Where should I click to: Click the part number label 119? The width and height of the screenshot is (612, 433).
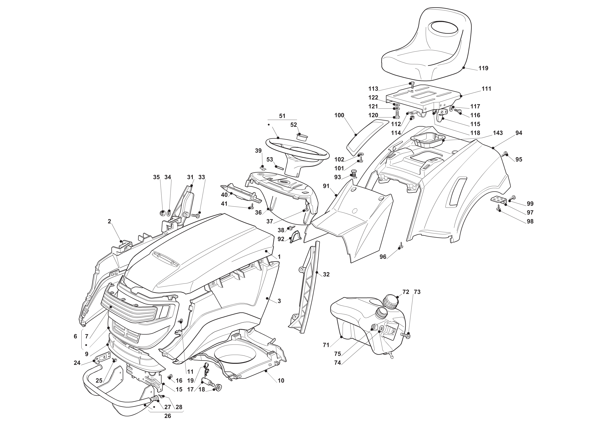coord(483,68)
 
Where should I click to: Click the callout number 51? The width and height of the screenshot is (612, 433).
coord(282,116)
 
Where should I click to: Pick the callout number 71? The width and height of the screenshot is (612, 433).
coord(326,345)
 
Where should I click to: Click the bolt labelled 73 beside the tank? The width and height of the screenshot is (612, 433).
coord(406,335)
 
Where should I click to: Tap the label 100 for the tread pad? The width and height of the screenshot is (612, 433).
coord(339,115)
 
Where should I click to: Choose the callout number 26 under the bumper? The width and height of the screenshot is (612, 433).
coord(167,416)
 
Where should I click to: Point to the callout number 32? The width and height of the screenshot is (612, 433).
coord(326,274)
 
